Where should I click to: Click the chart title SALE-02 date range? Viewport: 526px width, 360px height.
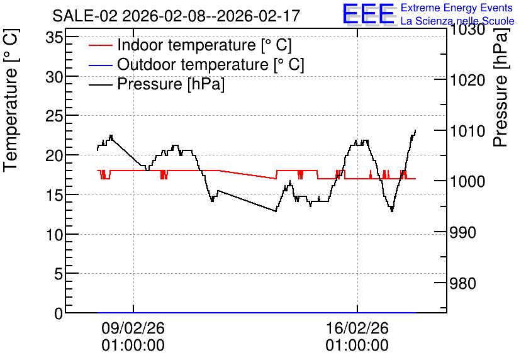point(176,16)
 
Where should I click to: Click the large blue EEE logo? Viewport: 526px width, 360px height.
point(368,13)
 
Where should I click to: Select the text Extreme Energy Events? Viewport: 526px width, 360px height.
point(457,8)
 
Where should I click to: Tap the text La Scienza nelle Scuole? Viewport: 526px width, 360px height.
point(457,21)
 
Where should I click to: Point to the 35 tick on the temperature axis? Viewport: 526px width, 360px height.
point(54,37)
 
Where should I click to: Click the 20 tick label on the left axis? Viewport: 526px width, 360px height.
point(54,155)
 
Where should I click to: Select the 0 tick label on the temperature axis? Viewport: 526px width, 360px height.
point(59,313)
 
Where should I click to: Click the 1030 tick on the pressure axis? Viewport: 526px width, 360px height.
point(467,30)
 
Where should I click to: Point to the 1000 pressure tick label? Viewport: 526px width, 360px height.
point(467,181)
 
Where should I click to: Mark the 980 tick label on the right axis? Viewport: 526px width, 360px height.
point(462,283)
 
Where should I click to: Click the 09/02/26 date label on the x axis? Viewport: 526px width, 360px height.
point(133,328)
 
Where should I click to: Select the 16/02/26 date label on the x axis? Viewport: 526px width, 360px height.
point(357,328)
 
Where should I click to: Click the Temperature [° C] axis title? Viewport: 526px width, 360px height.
point(11,100)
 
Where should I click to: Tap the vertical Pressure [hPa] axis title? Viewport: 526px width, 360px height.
point(500,87)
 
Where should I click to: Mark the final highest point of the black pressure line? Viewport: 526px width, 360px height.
point(415,130)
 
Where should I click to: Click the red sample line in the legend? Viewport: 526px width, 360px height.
point(100,45)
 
